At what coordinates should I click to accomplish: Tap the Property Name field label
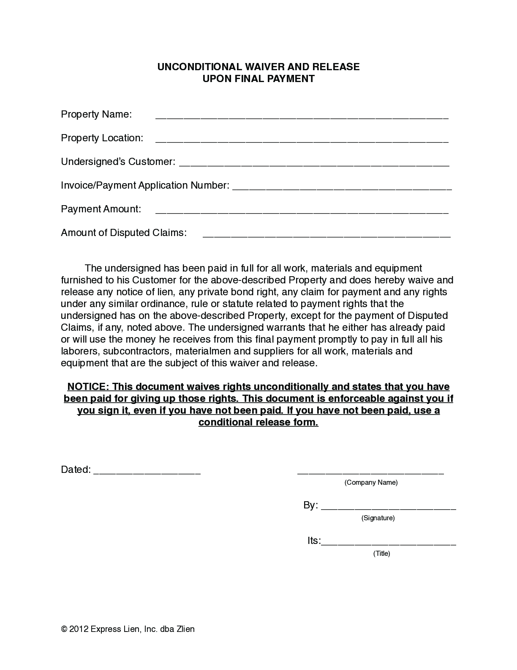pyautogui.click(x=96, y=114)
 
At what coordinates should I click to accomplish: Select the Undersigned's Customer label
pyautogui.click(x=118, y=162)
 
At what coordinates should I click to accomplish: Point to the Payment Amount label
pyautogui.click(x=101, y=209)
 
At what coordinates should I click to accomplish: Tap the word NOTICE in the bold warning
pyautogui.click(x=87, y=387)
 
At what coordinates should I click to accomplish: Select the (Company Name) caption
pyautogui.click(x=371, y=482)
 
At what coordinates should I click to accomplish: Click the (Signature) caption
pyautogui.click(x=378, y=518)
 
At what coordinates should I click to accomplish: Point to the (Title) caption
pyautogui.click(x=381, y=553)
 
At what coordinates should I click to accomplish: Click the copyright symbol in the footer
pyautogui.click(x=64, y=629)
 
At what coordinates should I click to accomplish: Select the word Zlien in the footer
pyautogui.click(x=185, y=629)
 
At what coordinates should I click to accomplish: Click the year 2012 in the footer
pyautogui.click(x=78, y=629)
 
